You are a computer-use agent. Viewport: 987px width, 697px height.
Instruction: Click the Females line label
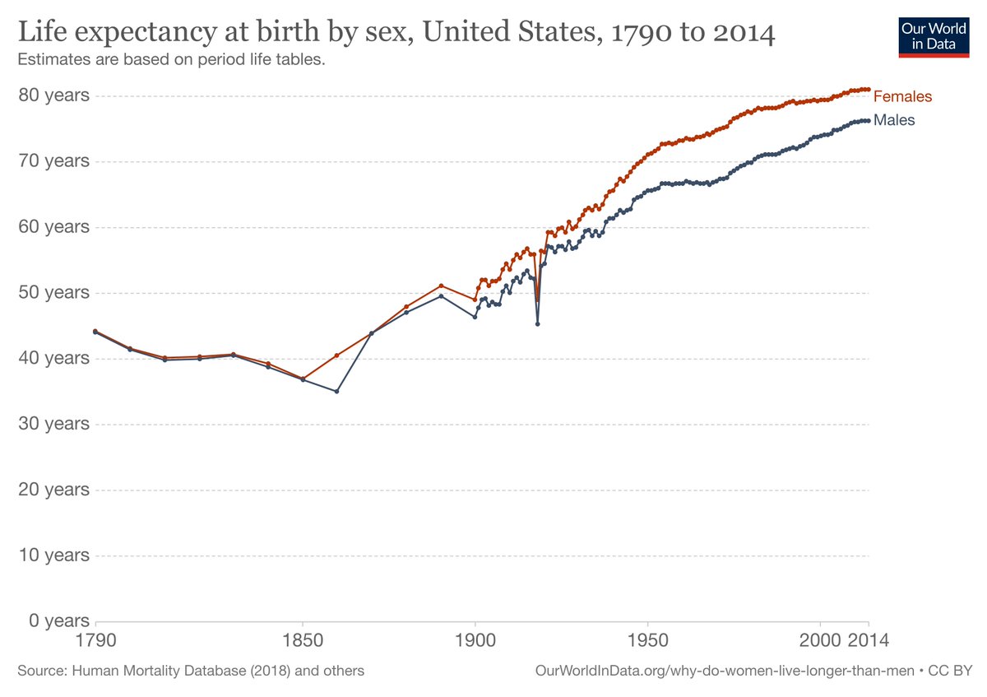click(x=902, y=96)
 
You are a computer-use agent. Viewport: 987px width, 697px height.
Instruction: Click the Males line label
click(x=894, y=120)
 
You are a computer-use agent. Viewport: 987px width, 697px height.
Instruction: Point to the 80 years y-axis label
click(x=54, y=95)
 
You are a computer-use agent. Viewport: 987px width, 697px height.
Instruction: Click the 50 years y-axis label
click(x=54, y=292)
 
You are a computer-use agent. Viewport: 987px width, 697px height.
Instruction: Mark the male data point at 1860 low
click(x=337, y=391)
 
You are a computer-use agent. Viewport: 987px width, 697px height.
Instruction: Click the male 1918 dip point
click(x=537, y=323)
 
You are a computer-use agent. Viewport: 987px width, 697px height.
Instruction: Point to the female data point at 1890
click(x=441, y=286)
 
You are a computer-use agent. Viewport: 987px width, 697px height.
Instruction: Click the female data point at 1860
click(x=337, y=355)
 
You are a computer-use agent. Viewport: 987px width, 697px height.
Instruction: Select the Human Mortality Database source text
click(x=191, y=671)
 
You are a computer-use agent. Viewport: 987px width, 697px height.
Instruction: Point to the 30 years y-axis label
click(x=54, y=424)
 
